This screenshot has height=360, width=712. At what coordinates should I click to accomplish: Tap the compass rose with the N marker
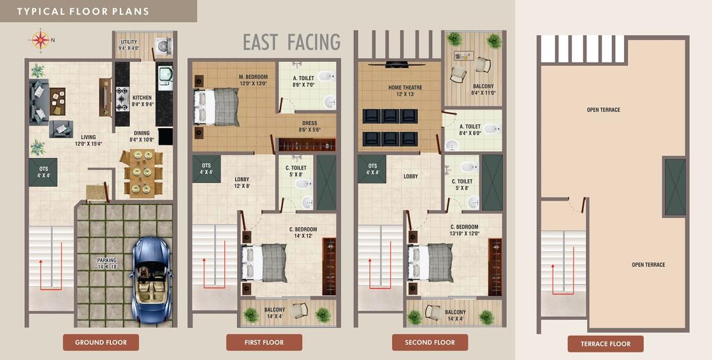coord(41,40)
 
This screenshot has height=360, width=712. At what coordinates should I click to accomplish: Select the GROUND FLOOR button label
coord(101,342)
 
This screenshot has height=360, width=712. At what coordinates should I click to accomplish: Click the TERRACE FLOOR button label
coord(606,344)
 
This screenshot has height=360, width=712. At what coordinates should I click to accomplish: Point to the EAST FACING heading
coord(291,42)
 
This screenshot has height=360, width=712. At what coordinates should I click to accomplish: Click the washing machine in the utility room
coord(164,45)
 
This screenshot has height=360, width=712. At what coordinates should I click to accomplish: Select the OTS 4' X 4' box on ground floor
coord(42,171)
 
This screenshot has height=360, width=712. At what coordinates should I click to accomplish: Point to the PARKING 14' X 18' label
coord(107,263)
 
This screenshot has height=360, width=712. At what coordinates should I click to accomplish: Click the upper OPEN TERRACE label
coord(603,110)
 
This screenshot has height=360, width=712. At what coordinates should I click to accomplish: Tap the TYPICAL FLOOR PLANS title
coord(83,11)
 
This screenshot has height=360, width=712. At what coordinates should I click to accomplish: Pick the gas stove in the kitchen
coord(122,99)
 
